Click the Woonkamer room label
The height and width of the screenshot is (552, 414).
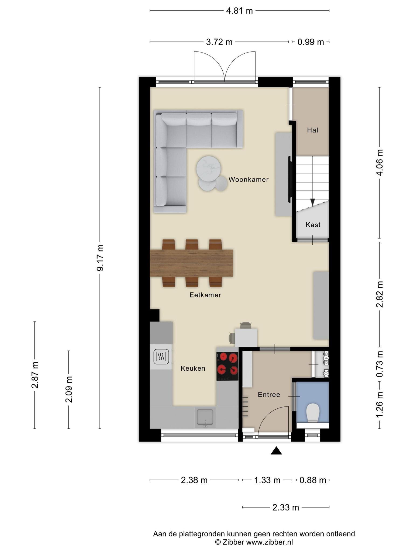(249, 180)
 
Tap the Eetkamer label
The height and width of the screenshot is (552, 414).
(205, 295)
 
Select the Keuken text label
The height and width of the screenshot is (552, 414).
(193, 368)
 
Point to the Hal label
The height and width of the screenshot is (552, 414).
(313, 130)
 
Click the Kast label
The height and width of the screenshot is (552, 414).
(313, 225)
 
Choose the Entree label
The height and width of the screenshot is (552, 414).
(269, 395)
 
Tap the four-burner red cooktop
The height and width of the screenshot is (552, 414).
(227, 367)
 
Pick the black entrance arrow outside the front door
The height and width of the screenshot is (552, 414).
(276, 451)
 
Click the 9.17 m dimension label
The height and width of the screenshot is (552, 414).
(100, 258)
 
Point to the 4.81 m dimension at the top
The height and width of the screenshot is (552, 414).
(239, 11)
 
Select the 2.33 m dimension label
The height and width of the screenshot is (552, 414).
(286, 508)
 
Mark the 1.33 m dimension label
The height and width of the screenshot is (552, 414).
(267, 480)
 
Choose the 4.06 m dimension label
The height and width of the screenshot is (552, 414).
(380, 163)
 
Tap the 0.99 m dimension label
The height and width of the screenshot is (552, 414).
(311, 42)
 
